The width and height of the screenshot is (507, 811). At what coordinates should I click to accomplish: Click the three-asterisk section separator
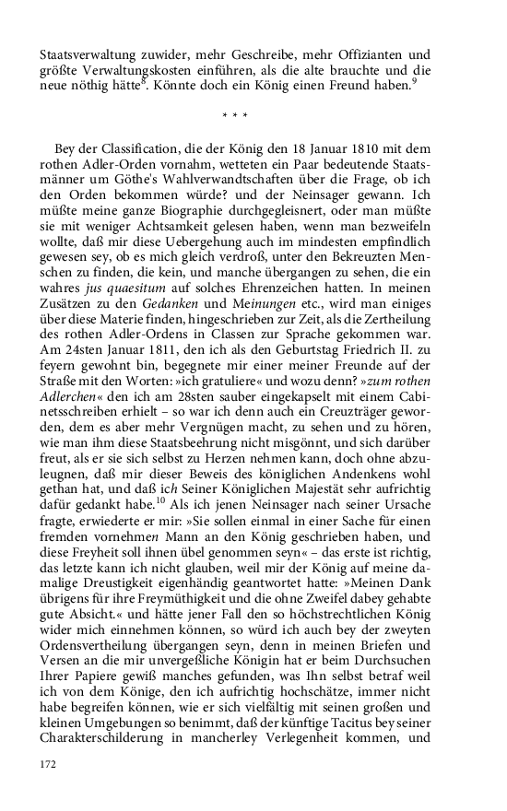click(237, 116)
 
